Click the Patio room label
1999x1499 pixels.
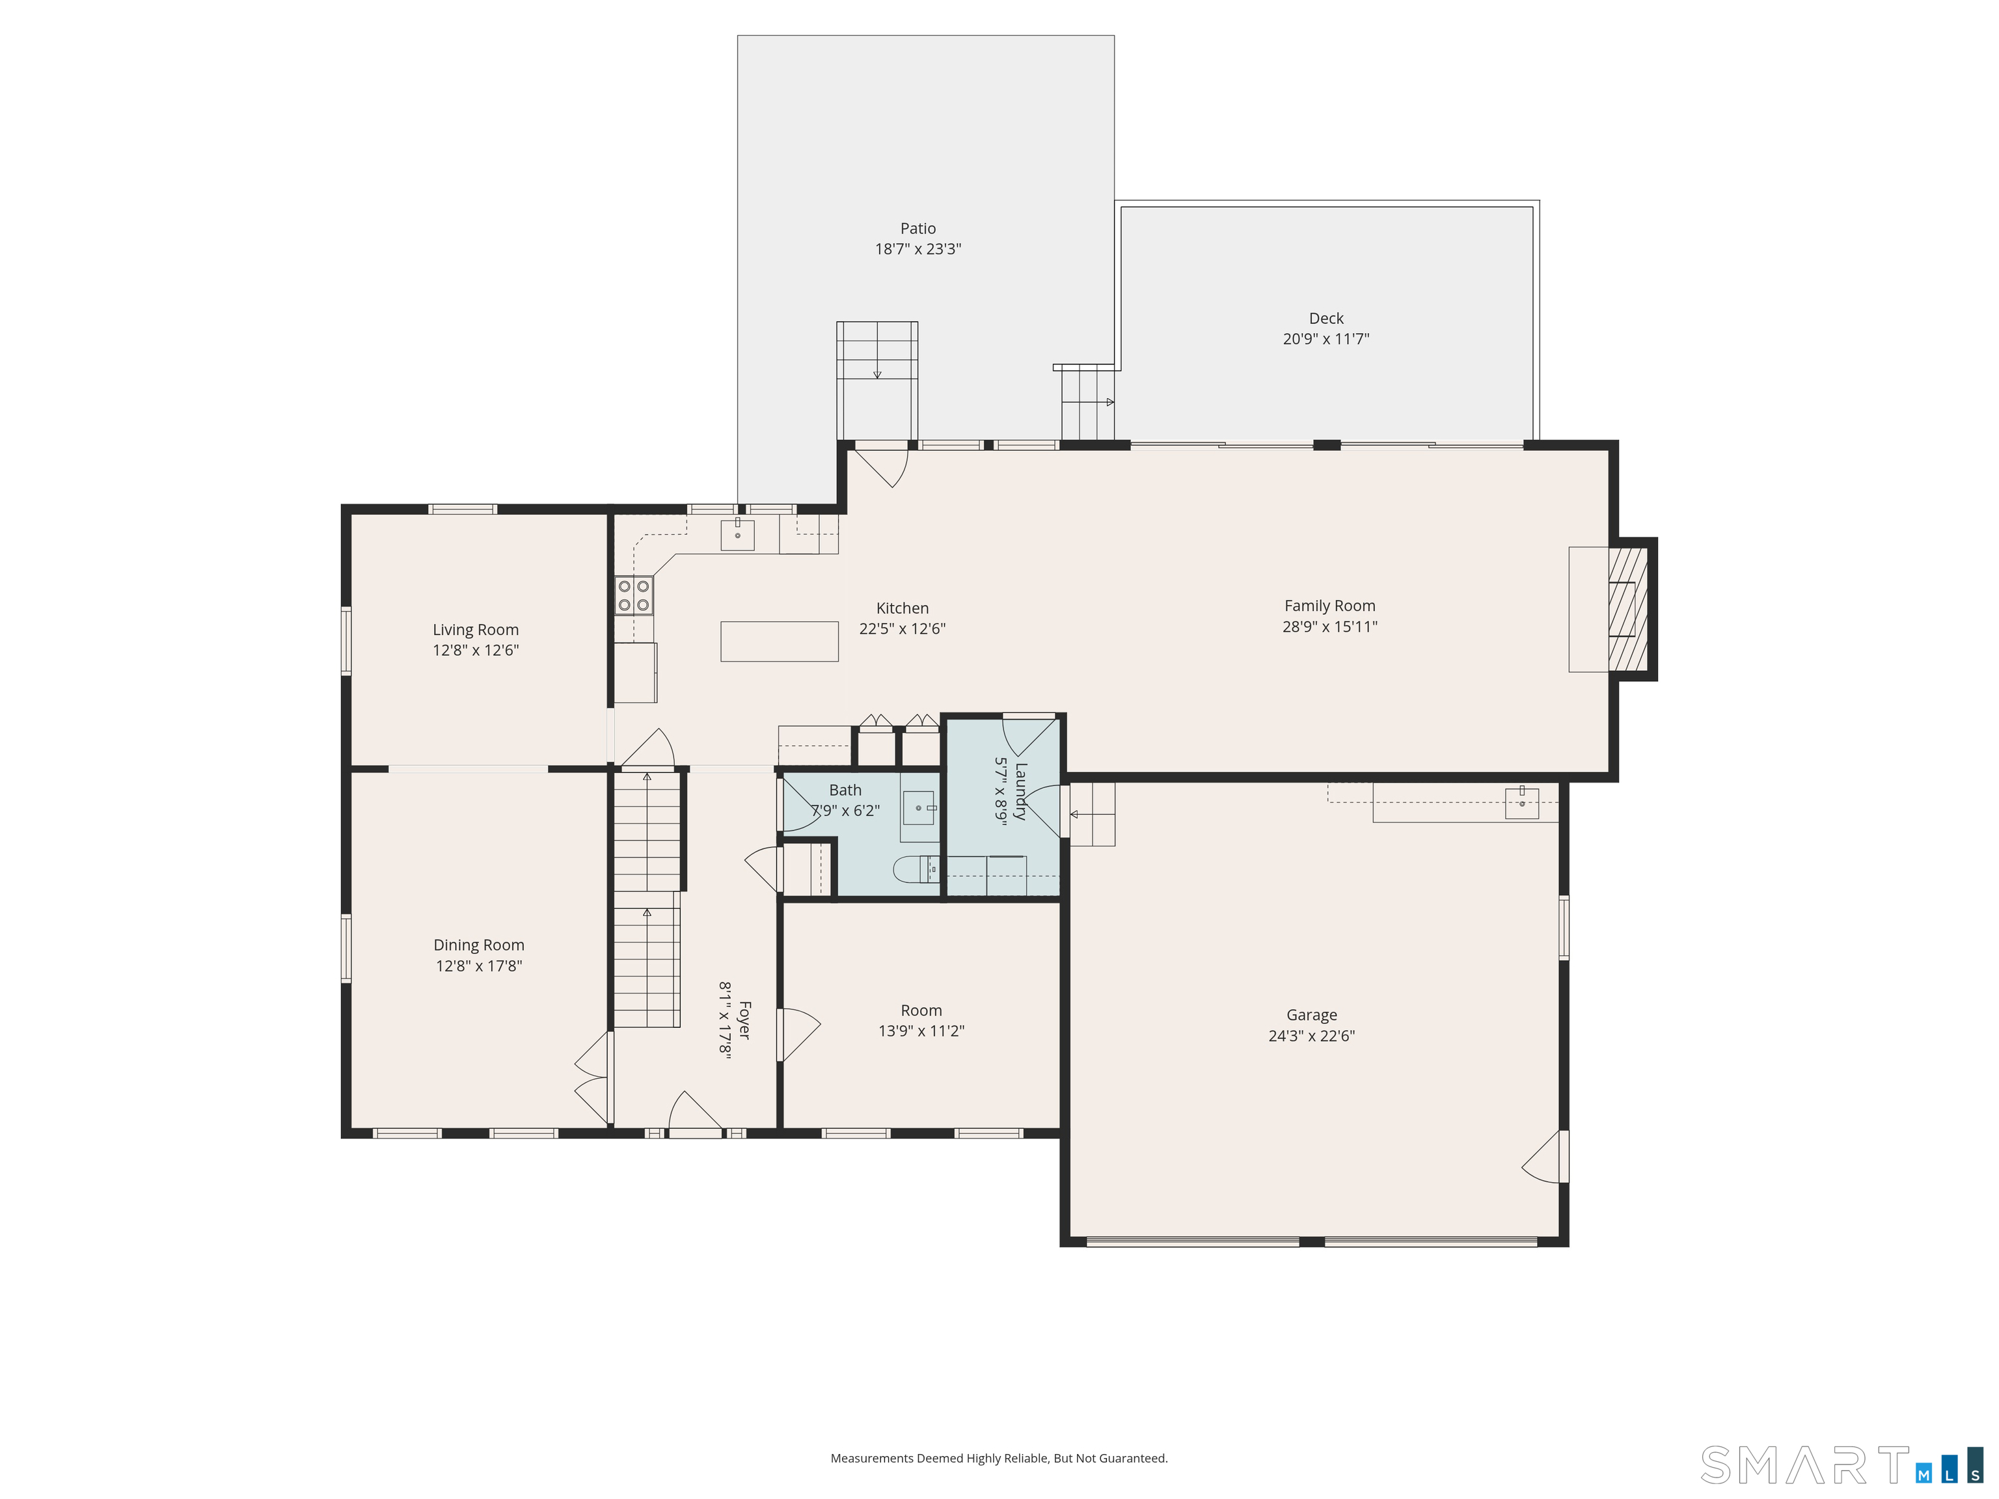[918, 228]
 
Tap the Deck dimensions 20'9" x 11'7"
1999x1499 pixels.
[1326, 339]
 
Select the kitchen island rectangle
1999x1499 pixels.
[779, 641]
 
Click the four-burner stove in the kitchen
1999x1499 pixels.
[634, 595]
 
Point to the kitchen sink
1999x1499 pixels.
[737, 535]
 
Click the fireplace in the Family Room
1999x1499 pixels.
[1625, 609]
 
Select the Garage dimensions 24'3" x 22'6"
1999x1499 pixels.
[1311, 1036]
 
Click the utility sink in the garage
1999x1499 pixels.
[1522, 802]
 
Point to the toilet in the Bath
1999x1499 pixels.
[914, 870]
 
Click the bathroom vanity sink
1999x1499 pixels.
[918, 808]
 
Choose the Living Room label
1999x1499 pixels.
[476, 630]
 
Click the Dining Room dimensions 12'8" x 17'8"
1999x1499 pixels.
[479, 966]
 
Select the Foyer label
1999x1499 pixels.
[744, 1020]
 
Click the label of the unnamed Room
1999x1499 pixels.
[921, 1010]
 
